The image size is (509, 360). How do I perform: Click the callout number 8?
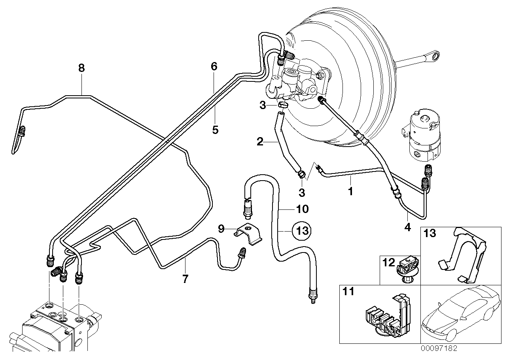(81, 68)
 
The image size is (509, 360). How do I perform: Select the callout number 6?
(214, 66)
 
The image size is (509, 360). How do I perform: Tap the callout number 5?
(215, 130)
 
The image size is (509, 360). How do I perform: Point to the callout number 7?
(185, 279)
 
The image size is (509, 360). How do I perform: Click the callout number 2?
(260, 141)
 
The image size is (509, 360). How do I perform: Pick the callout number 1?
(350, 192)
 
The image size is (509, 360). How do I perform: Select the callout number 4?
(408, 227)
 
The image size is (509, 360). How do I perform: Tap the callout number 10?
(302, 209)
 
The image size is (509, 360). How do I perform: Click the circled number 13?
(302, 230)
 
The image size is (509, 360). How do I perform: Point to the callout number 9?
(221, 228)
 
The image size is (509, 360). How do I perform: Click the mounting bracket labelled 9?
(249, 233)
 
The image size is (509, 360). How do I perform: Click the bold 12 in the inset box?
(389, 261)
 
